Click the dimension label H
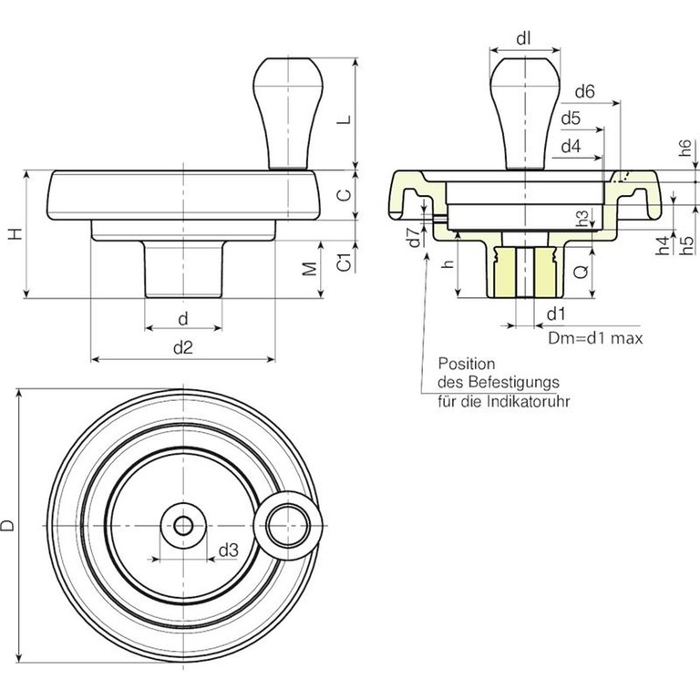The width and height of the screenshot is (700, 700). tap(14, 234)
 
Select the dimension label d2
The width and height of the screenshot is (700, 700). tap(182, 347)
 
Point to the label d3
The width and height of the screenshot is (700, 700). tap(228, 551)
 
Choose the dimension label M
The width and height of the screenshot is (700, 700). tap(311, 269)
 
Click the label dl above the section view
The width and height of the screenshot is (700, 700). tap(523, 37)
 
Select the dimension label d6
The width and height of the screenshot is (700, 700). tap(585, 91)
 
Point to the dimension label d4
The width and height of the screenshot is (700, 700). tap(571, 146)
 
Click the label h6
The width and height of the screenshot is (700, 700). tap(686, 151)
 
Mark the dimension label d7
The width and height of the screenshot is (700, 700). tap(415, 238)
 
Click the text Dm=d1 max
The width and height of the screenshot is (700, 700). tap(596, 338)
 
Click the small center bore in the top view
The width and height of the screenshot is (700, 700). tap(183, 526)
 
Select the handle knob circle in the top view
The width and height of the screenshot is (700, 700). tap(291, 524)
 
